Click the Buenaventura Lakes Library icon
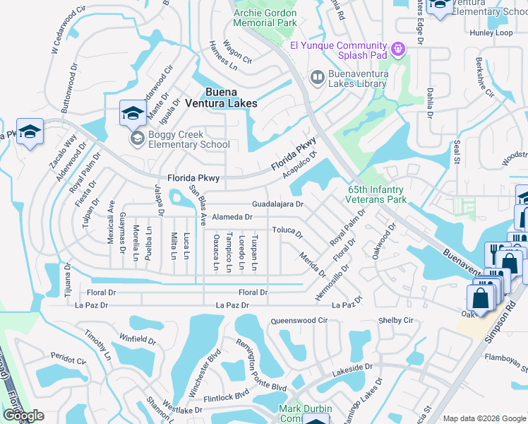[x=317, y=77]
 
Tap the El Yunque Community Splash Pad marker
[x=399, y=48]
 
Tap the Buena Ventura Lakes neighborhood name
[x=230, y=97]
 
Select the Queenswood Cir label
[x=299, y=320]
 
